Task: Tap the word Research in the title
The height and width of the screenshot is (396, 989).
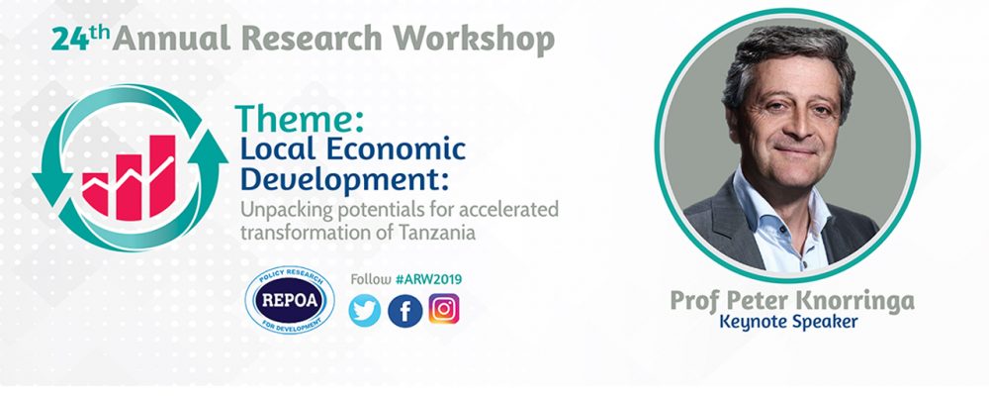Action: [312, 40]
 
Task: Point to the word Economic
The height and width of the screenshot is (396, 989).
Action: [397, 149]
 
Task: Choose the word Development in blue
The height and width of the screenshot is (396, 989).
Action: [344, 179]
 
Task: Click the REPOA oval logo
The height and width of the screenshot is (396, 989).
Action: [290, 299]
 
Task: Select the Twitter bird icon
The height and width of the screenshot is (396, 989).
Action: [365, 311]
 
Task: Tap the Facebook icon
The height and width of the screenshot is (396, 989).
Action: [405, 311]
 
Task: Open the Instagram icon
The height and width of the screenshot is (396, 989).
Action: [444, 309]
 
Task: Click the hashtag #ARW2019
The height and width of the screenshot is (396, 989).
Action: [428, 279]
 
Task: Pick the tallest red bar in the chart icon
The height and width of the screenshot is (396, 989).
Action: [163, 176]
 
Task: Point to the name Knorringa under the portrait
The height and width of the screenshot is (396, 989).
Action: [854, 301]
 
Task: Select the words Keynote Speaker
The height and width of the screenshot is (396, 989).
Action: [788, 322]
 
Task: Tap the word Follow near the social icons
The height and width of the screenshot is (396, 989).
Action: [371, 279]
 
